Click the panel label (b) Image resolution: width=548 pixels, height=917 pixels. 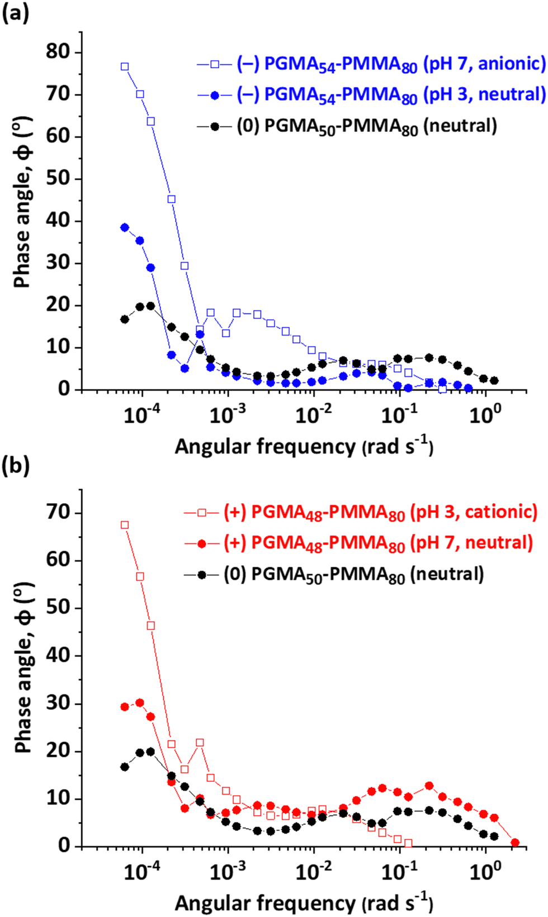[15, 465]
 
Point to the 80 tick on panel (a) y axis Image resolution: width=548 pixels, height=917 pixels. [58, 52]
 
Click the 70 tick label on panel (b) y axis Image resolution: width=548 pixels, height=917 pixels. [58, 513]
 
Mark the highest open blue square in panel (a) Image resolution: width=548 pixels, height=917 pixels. [125, 66]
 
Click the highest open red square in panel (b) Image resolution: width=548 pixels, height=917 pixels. [125, 525]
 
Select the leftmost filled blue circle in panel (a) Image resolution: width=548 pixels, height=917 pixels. [125, 227]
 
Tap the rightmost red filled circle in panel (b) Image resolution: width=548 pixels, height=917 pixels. [515, 843]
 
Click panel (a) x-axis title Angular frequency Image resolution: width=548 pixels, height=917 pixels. [304, 447]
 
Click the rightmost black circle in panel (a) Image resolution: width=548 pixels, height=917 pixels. [494, 381]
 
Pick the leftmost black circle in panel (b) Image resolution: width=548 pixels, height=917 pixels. [125, 767]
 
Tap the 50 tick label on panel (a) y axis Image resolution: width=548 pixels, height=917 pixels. [58, 179]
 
